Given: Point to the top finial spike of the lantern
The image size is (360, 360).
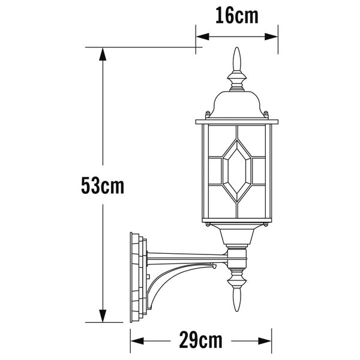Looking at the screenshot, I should pos(237,60).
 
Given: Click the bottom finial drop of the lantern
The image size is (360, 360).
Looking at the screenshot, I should pos(236,300).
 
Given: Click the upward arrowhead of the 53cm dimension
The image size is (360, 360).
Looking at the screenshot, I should pos(103,55).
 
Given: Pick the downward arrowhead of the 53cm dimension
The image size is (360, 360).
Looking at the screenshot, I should pos(103,316).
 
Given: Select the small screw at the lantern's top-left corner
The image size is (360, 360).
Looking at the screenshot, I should pos(208,114).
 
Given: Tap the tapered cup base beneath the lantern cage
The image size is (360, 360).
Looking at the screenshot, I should pos(236,237).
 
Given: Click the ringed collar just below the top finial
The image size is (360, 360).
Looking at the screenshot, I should pos(237,79).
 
